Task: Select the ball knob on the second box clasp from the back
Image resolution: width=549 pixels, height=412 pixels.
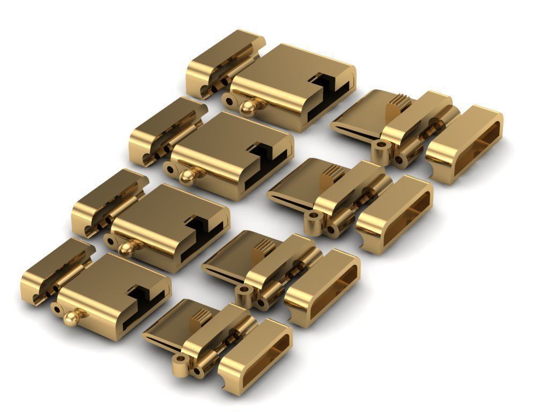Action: pos(187,178)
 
